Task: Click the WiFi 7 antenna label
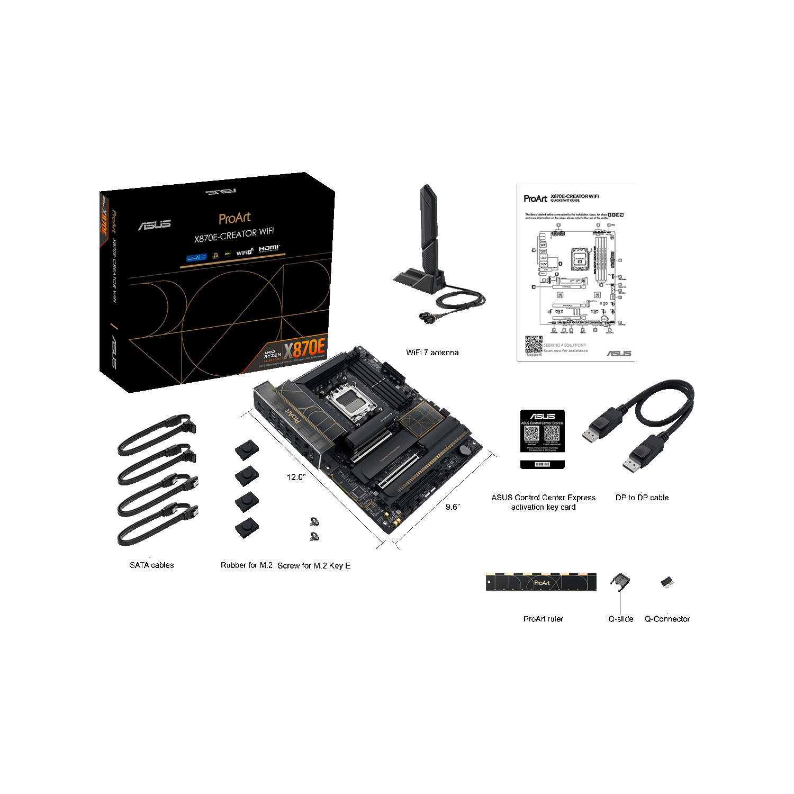432,353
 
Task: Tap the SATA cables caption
151,565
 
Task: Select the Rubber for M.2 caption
246,565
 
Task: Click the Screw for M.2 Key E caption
314,566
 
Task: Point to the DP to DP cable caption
642,498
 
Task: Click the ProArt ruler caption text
543,619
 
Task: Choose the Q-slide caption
620,619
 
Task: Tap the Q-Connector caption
667,619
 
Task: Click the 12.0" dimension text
296,477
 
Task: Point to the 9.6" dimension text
453,507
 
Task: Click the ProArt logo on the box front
234,218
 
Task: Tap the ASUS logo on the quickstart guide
618,354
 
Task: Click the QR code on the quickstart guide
534,344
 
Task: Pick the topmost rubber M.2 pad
247,450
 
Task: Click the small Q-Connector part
666,583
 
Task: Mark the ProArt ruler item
541,582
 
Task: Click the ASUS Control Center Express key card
542,439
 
